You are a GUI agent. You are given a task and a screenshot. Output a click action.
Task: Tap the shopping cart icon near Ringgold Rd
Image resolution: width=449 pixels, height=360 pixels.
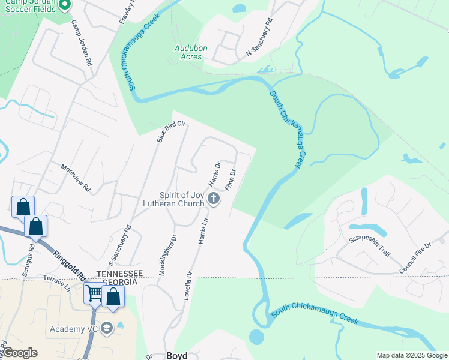[x=95, y=293]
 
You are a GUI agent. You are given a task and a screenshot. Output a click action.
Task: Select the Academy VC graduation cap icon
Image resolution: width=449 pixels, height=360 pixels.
[x=107, y=328]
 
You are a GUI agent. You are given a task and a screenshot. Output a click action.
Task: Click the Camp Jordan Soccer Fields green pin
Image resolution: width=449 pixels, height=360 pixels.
[x=65, y=5]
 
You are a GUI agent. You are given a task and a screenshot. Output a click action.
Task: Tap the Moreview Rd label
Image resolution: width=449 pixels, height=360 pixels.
[x=76, y=178]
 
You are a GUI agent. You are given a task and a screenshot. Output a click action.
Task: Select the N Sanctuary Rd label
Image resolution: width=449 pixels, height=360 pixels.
[x=259, y=37]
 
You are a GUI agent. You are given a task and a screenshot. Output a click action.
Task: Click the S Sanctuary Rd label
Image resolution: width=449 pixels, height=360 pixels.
[x=119, y=246]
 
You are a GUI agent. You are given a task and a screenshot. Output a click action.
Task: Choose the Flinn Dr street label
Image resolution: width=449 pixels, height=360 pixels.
[x=230, y=179]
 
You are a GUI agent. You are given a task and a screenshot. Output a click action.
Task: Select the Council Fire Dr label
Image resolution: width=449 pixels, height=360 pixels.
[x=415, y=259]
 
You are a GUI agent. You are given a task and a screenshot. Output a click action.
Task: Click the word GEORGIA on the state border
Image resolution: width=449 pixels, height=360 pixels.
[x=121, y=282]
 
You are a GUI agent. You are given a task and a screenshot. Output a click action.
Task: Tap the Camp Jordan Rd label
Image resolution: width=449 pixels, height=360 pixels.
[x=81, y=43]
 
